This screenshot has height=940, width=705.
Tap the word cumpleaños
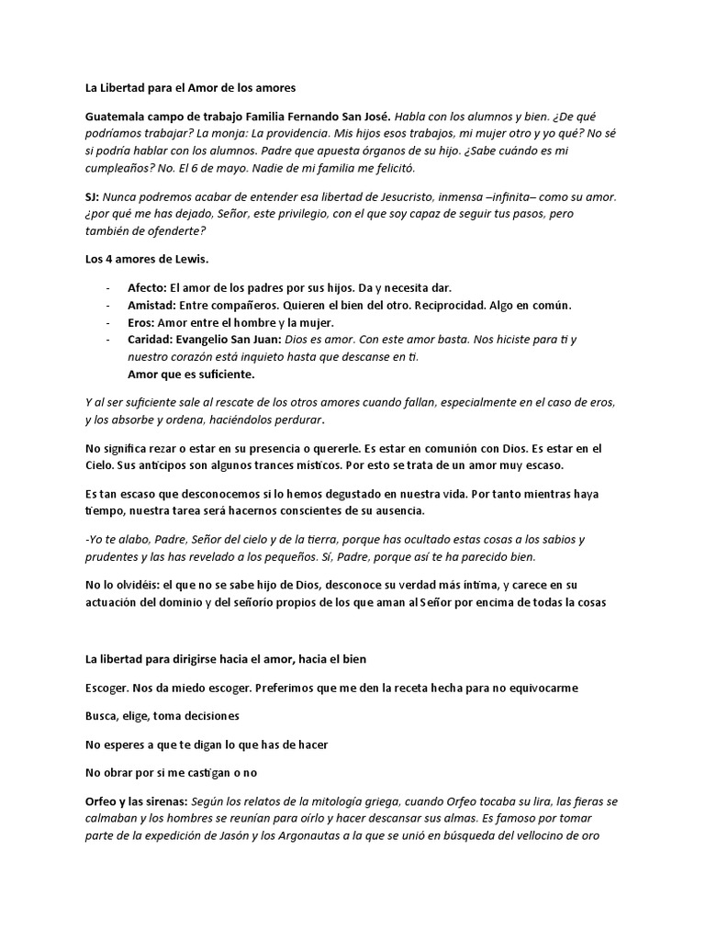coord(119,168)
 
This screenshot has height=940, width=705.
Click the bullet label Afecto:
coord(148,287)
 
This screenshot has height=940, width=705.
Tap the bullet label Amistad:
coord(152,305)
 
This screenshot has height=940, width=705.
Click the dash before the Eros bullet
coord(108,322)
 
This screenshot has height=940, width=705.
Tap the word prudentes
coord(115,556)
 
